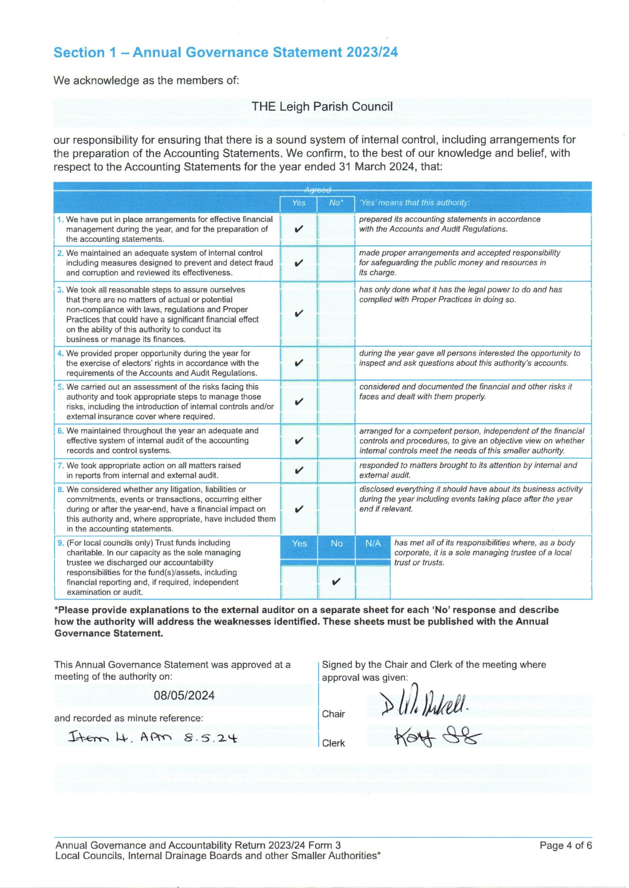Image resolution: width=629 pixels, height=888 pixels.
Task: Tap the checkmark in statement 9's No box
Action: click(x=336, y=582)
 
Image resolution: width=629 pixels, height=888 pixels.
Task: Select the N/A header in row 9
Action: click(x=372, y=544)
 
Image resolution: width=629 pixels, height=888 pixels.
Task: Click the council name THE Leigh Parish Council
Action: click(x=322, y=106)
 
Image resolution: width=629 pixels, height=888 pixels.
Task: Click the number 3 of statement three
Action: click(x=60, y=290)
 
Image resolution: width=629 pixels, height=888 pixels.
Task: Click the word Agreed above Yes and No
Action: click(x=318, y=190)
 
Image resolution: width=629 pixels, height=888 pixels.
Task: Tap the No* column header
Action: click(x=335, y=203)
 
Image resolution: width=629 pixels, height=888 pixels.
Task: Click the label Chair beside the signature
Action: click(x=333, y=714)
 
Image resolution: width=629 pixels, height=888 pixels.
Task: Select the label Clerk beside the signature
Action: click(x=334, y=743)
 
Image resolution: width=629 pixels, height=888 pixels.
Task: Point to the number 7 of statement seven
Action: click(x=60, y=466)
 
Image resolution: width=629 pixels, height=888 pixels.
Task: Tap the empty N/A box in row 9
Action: click(x=372, y=582)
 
